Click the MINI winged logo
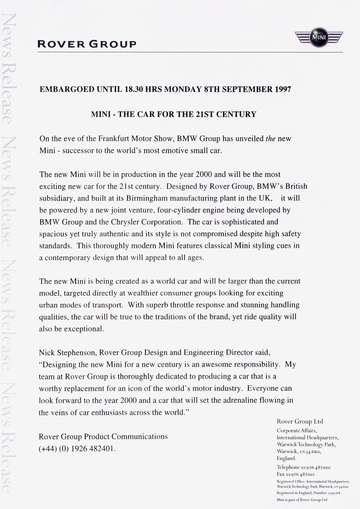[x=319, y=38]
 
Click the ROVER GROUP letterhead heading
[x=87, y=44]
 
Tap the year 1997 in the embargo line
[x=283, y=89]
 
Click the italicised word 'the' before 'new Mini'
[x=270, y=139]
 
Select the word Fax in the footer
[x=281, y=474]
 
